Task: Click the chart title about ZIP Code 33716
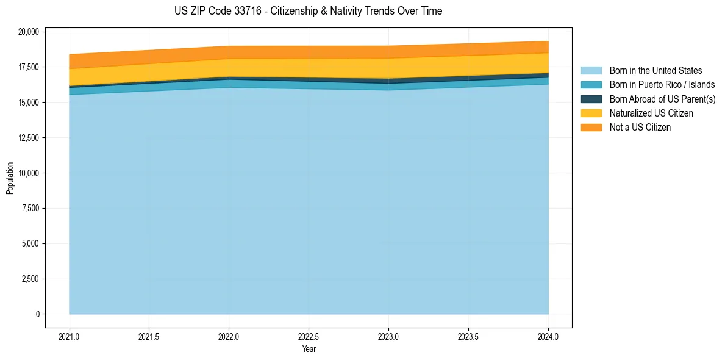(x=308, y=11)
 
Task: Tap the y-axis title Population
(x=10, y=178)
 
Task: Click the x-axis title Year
(x=309, y=349)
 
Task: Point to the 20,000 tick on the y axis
(x=28, y=32)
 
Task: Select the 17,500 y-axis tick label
(x=28, y=67)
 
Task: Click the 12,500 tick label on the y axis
(x=28, y=138)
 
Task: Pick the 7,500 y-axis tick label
(x=30, y=209)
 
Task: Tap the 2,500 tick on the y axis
(x=30, y=279)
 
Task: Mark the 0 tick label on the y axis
(x=37, y=314)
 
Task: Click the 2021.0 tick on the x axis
(x=70, y=336)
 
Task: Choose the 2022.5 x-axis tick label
(x=309, y=336)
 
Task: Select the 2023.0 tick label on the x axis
(x=388, y=336)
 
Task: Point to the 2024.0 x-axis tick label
(x=548, y=336)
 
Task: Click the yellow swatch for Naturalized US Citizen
(x=591, y=113)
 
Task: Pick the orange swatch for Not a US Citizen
(x=591, y=128)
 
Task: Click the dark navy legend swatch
(x=591, y=99)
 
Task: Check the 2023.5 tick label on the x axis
(x=468, y=336)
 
